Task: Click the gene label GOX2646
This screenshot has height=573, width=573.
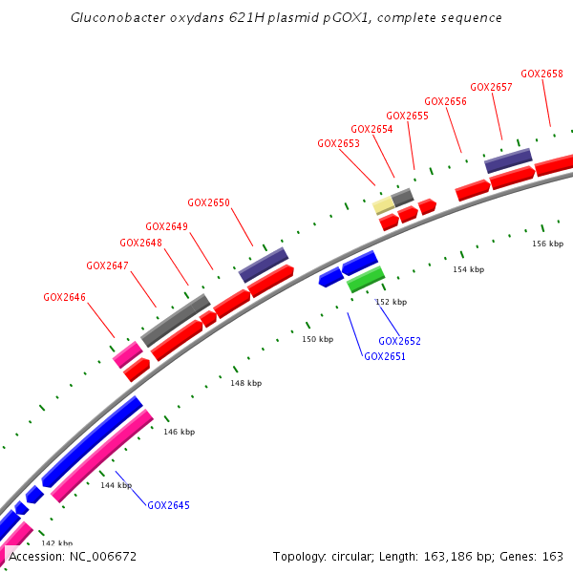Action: tap(64, 297)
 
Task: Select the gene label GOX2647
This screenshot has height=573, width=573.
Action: tap(107, 265)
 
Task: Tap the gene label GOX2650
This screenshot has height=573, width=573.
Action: tap(208, 202)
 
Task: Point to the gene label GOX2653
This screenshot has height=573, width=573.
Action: tap(338, 143)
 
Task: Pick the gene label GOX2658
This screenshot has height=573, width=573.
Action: tap(541, 74)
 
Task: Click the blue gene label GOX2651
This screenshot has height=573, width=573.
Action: tap(385, 356)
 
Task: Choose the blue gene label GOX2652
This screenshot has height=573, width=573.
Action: tap(399, 341)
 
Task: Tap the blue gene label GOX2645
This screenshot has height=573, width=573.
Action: tap(168, 505)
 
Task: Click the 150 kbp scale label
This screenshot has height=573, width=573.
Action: tap(318, 339)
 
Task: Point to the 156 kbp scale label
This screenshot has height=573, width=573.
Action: tap(547, 244)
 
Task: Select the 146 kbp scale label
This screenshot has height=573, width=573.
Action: tap(179, 432)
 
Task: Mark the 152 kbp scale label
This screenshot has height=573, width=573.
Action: tap(391, 302)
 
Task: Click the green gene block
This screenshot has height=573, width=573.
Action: tap(366, 279)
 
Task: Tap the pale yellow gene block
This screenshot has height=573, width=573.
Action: tap(383, 205)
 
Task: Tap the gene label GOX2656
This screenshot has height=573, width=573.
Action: tap(445, 101)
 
